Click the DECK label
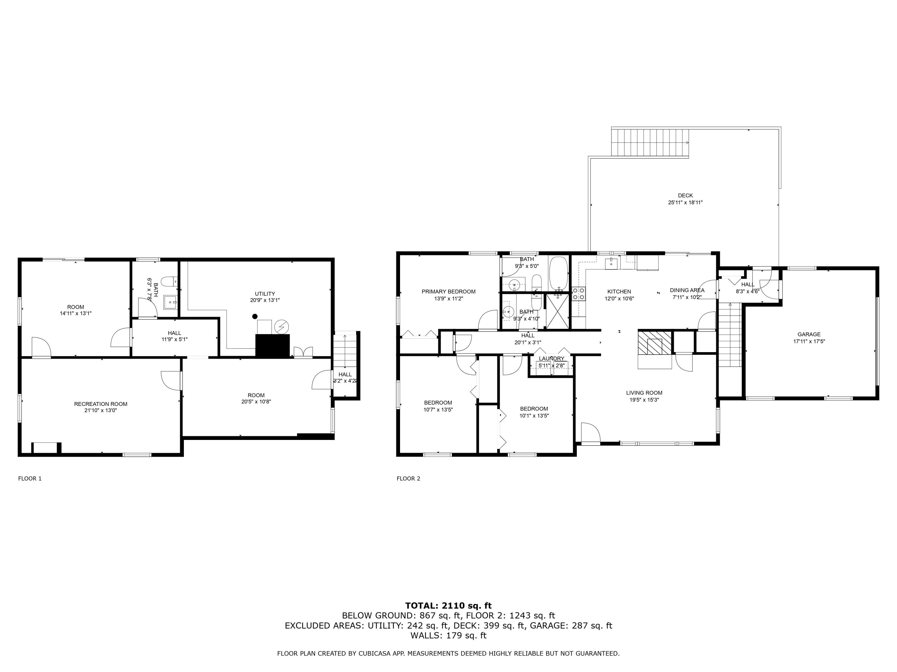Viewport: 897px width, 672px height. [x=685, y=195]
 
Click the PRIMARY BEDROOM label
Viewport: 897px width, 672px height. [x=448, y=291]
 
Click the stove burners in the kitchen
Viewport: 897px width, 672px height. [x=578, y=293]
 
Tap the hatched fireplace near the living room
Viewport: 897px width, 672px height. [x=655, y=342]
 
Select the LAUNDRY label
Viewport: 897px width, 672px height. [x=551, y=358]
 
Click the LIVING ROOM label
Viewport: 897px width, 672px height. [x=644, y=392]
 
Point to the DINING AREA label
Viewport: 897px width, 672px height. [x=687, y=290]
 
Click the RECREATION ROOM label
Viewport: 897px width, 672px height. [x=100, y=404]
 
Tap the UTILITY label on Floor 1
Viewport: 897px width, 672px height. [x=265, y=294]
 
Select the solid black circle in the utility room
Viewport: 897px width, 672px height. [x=255, y=316]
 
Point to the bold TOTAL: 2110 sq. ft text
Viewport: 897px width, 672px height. [x=448, y=606]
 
